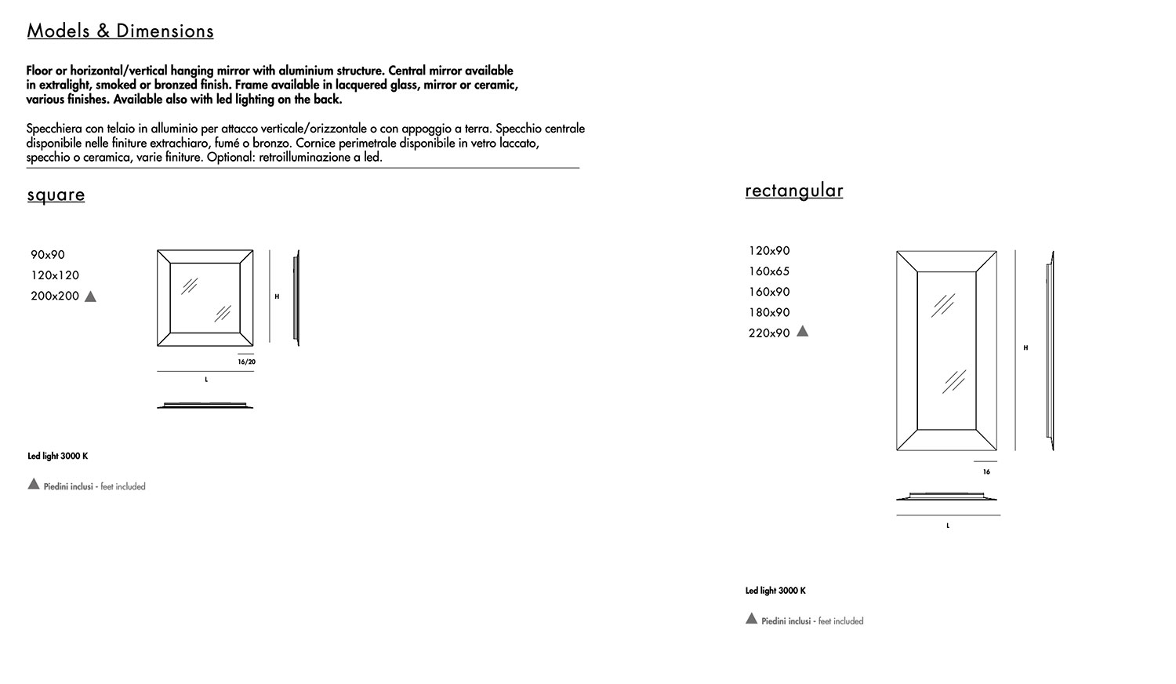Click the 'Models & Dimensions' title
(120, 31)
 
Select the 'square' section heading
(56, 195)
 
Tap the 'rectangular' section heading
(793, 191)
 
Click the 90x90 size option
(48, 255)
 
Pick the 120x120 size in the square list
(55, 275)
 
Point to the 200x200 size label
(55, 297)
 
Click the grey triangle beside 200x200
(90, 297)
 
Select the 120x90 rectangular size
(769, 251)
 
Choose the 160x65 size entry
(769, 271)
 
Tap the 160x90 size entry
(769, 292)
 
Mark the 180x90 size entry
(769, 312)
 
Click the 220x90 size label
(769, 333)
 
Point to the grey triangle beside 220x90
(802, 331)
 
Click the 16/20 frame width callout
(246, 362)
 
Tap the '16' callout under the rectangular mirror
(986, 472)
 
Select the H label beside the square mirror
(277, 297)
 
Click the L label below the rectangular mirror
(948, 526)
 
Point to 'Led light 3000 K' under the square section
(58, 457)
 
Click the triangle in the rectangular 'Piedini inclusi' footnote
(751, 619)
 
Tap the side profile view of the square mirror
(296, 297)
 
